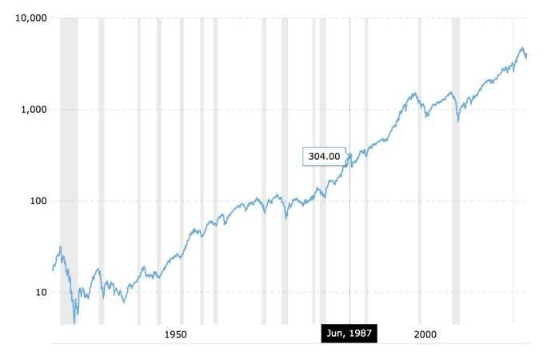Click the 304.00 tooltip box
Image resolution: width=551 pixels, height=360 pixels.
(325, 157)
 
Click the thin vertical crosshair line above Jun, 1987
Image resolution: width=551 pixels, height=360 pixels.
(349, 80)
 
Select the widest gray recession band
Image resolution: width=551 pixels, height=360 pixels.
(69, 160)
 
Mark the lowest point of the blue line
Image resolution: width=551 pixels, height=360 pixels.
(75, 322)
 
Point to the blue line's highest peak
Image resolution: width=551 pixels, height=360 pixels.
(522, 48)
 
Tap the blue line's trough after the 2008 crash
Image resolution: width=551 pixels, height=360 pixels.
(457, 121)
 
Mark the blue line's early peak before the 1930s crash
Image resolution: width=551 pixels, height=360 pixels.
(60, 247)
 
